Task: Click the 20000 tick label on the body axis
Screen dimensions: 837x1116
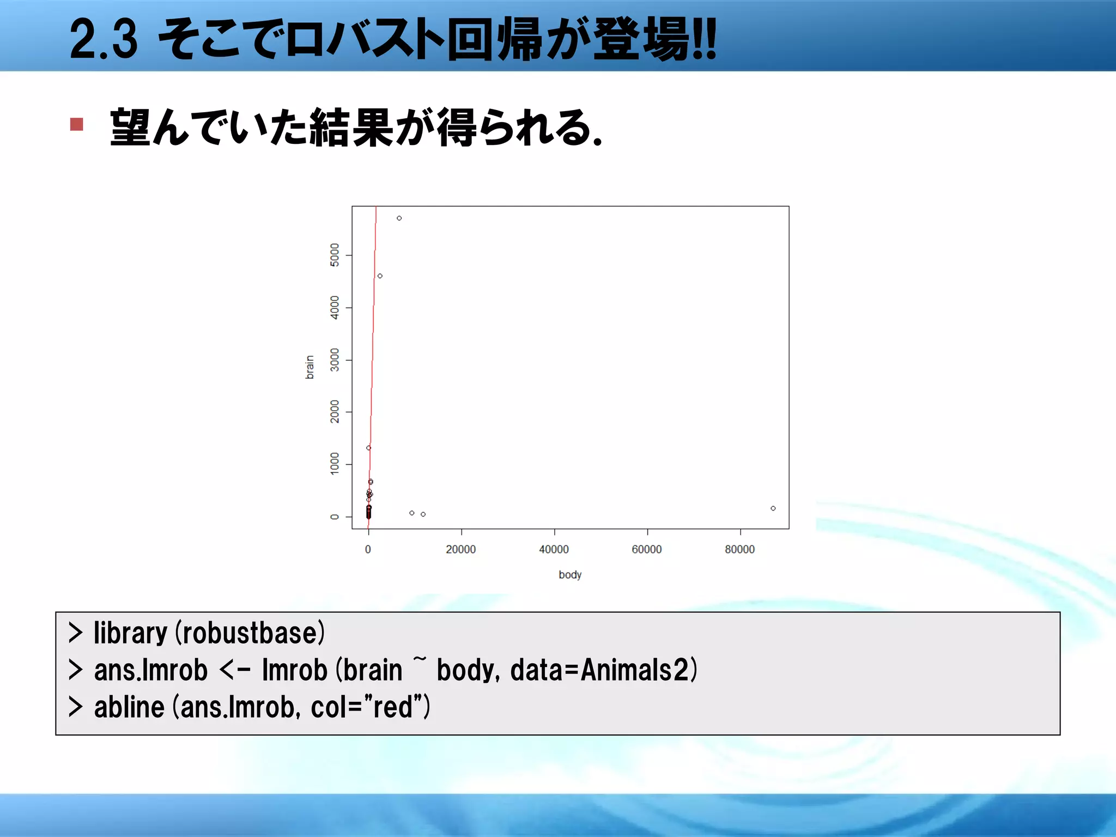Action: tap(460, 549)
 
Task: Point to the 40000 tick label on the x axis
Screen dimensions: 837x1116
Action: tap(554, 549)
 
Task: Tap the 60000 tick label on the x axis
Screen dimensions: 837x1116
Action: tap(647, 549)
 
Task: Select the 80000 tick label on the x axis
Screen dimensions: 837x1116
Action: tap(739, 549)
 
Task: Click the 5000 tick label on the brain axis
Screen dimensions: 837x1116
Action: tap(335, 255)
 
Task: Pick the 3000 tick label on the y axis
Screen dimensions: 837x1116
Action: tap(335, 360)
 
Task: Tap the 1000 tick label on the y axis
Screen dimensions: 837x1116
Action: tap(335, 464)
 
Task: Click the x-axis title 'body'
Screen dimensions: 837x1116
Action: tap(570, 575)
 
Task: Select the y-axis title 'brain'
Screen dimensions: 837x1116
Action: tap(310, 367)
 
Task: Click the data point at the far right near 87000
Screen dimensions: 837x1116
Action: tap(773, 508)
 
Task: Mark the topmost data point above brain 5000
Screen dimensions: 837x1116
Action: tap(399, 218)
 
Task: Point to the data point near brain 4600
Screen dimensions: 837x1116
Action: tap(380, 276)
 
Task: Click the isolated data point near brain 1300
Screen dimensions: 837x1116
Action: tap(369, 448)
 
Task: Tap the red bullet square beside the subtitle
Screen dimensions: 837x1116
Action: tap(77, 125)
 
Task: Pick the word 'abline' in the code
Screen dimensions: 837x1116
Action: tap(129, 707)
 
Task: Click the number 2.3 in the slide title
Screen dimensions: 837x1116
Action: tap(104, 39)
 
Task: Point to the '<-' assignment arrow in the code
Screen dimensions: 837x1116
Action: tap(235, 671)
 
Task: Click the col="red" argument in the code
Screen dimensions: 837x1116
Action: tap(366, 707)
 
